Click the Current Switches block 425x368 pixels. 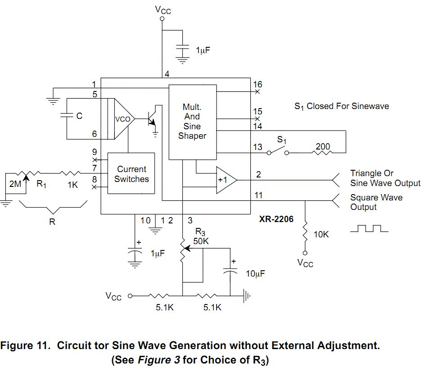coord(131,173)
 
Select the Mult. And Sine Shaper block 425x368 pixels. coord(192,122)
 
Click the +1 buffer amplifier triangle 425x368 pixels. coord(226,180)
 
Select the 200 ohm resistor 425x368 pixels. coord(322,153)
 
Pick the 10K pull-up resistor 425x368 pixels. coord(305,232)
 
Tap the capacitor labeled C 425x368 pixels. coord(67,116)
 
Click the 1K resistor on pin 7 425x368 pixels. coord(70,173)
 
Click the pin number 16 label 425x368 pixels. coord(258,84)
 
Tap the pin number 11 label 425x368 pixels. coord(258,195)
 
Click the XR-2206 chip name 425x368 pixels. coord(276,219)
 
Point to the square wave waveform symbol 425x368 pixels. coord(369,228)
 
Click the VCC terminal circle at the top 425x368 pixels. coord(162,19)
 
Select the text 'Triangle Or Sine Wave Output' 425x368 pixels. coord(385,178)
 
